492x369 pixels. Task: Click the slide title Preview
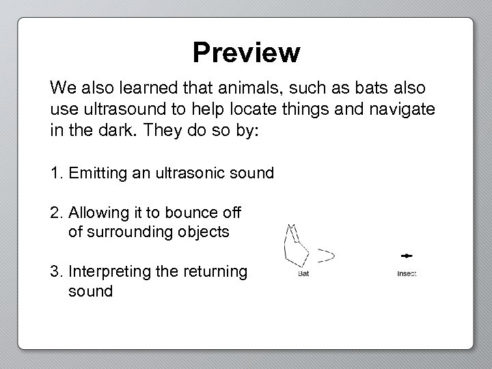pos(246,52)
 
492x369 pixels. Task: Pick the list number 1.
pos(54,174)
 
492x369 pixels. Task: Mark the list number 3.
pos(54,272)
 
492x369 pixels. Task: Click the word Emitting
pos(98,174)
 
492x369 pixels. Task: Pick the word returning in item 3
pos(216,272)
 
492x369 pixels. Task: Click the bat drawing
pos(297,247)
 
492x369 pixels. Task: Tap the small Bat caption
pos(304,274)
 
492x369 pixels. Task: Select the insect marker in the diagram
pos(407,256)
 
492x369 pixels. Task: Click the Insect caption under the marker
pos(407,274)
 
